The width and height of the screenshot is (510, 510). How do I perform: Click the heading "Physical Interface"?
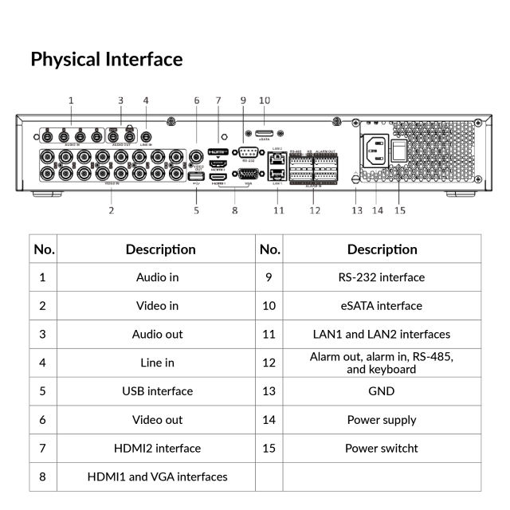pos(106,60)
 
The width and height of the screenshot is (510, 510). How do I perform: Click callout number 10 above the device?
pos(265,100)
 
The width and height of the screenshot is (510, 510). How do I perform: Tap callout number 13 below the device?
pos(357,210)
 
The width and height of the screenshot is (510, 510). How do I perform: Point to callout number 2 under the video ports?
pos(111,210)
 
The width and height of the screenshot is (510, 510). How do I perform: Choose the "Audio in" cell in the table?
pos(157,277)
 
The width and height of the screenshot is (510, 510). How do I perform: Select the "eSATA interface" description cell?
pos(382,306)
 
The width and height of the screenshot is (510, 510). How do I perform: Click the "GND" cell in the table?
pos(382,391)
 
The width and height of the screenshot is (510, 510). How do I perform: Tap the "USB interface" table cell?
pos(157,391)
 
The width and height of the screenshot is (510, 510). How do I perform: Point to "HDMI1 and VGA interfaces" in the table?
pos(157,477)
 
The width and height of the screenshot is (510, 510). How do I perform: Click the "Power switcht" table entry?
pos(382,448)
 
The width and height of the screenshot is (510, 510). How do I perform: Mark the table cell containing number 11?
pos(269,335)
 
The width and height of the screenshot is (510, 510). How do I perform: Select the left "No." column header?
pos(44,249)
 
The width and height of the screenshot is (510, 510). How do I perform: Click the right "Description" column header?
pos(382,249)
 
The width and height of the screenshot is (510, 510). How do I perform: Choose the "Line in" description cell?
pos(157,363)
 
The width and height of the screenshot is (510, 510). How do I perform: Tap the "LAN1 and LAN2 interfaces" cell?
pos(382,335)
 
